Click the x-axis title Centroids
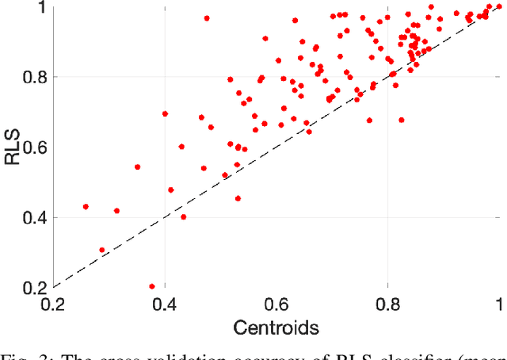(x=276, y=325)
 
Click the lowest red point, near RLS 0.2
(x=152, y=286)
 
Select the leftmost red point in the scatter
(x=86, y=207)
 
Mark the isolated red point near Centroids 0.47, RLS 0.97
(x=207, y=18)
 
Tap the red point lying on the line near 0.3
(x=101, y=250)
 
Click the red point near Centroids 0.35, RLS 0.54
(x=137, y=167)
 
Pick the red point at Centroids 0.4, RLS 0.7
(x=165, y=113)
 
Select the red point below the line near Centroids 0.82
(x=402, y=120)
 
